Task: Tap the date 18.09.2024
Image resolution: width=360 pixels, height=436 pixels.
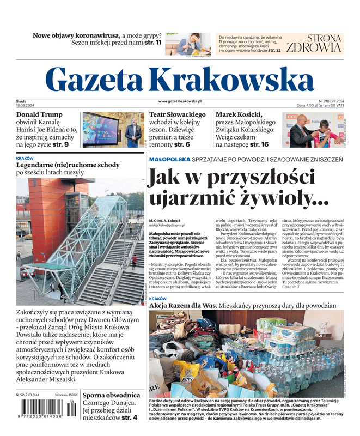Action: pos(26,105)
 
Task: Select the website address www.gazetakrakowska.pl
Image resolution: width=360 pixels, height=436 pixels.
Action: pos(180,101)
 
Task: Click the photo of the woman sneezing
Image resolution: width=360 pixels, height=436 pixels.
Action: pos(187,44)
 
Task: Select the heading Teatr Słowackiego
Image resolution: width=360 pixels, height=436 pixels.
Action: pos(178,115)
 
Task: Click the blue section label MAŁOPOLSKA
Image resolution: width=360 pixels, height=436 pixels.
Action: pos(169,159)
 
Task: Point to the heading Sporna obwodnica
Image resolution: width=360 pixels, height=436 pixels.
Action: pos(111,395)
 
